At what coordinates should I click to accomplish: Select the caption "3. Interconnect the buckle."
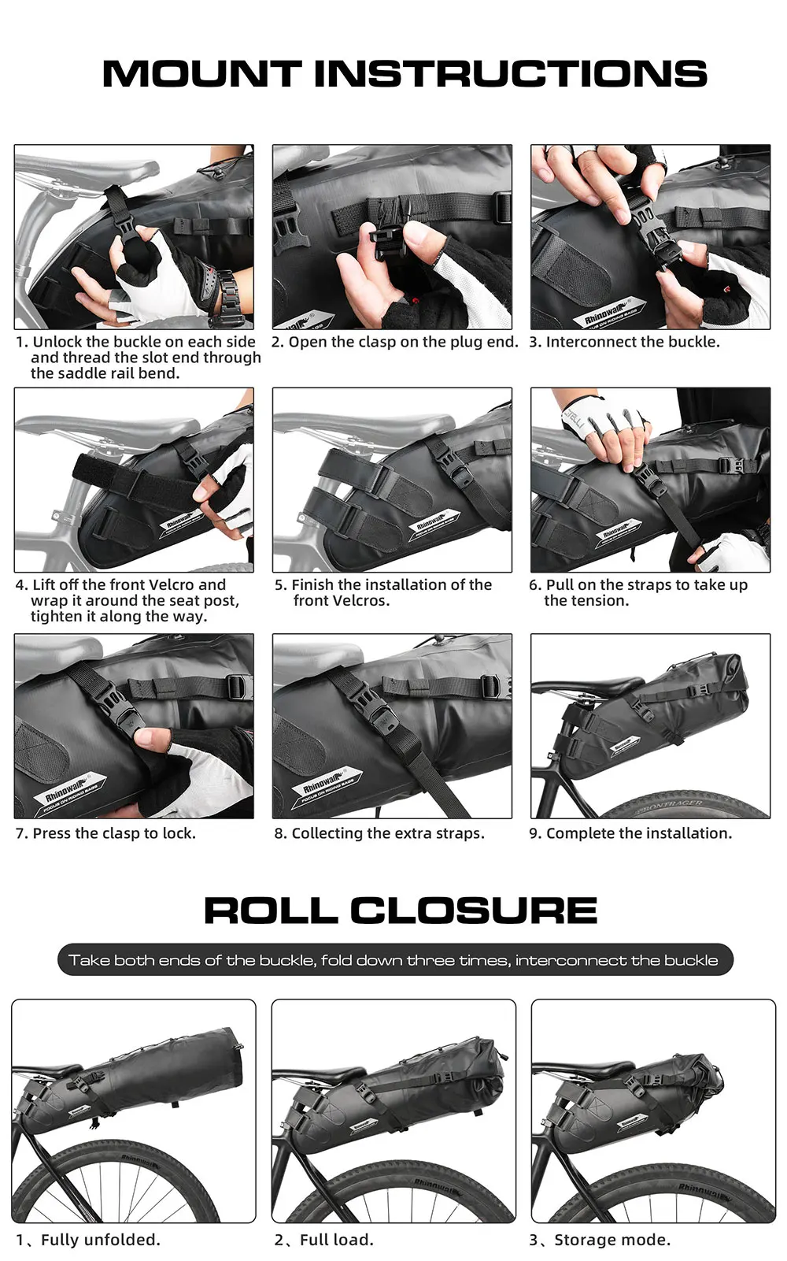pyautogui.click(x=624, y=342)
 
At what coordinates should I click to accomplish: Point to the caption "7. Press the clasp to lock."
pyautogui.click(x=105, y=833)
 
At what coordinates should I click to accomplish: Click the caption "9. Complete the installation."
pyautogui.click(x=630, y=833)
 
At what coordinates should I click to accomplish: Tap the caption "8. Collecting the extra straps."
pyautogui.click(x=379, y=833)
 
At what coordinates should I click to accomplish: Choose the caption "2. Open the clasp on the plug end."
pyautogui.click(x=395, y=343)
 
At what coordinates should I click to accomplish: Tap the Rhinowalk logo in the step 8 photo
pyautogui.click(x=327, y=785)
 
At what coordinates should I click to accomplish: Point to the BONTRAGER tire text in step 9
pyautogui.click(x=670, y=807)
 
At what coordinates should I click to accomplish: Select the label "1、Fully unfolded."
pyautogui.click(x=88, y=1240)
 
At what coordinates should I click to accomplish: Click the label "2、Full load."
pyautogui.click(x=324, y=1240)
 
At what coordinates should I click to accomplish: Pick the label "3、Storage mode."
pyautogui.click(x=600, y=1240)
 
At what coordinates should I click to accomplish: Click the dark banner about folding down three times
pyautogui.click(x=395, y=960)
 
